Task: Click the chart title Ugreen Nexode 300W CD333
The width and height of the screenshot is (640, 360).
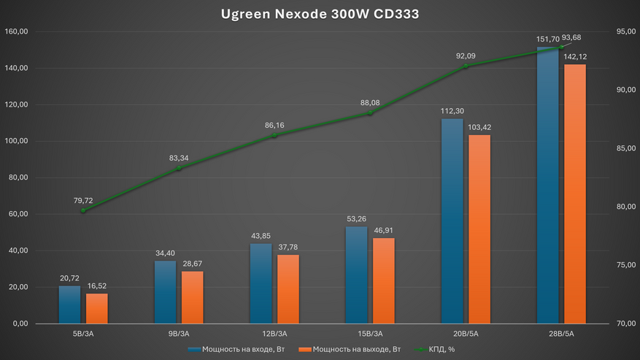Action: pyautogui.click(x=320, y=14)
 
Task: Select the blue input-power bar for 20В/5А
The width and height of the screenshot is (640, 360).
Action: pyautogui.click(x=452, y=221)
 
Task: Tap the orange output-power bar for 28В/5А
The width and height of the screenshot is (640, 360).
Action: pyautogui.click(x=575, y=194)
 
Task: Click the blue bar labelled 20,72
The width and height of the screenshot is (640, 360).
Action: pyautogui.click(x=69, y=305)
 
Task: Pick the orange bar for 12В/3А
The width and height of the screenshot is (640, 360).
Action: pyautogui.click(x=288, y=288)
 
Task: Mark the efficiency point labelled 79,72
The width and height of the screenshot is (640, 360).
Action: pyautogui.click(x=83, y=211)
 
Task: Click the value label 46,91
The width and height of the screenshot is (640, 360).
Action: pyautogui.click(x=384, y=230)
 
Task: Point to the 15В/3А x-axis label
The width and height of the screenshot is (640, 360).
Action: pyautogui.click(x=369, y=334)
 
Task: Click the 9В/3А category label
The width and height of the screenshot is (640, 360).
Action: pyautogui.click(x=178, y=334)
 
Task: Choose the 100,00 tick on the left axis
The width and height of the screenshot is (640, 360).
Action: pyautogui.click(x=15, y=141)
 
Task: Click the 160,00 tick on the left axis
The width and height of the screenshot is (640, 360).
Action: pyautogui.click(x=15, y=31)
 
